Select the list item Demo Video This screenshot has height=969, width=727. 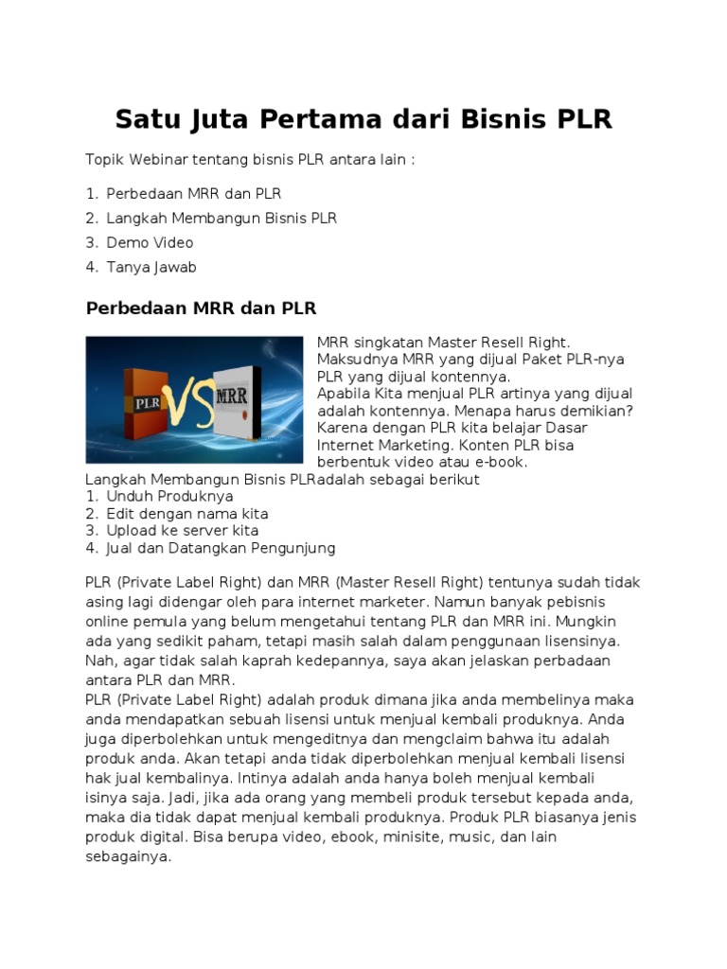[x=150, y=242]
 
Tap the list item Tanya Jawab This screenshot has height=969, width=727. [x=151, y=267]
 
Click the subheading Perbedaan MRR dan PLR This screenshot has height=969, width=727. [x=201, y=308]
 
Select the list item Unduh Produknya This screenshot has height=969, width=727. [x=169, y=496]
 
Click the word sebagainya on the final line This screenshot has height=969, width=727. [x=128, y=856]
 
